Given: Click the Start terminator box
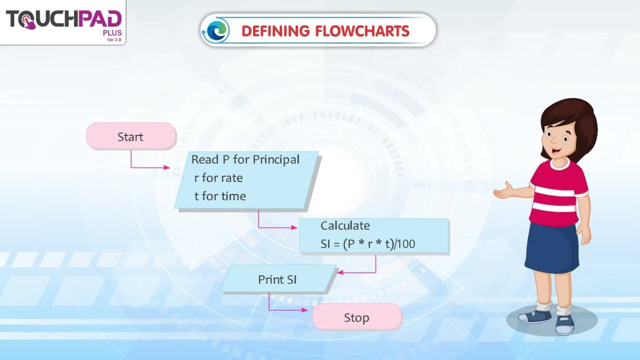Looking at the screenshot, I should [x=130, y=136].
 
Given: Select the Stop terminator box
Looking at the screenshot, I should [x=356, y=317].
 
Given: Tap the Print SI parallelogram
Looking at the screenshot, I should [x=277, y=279].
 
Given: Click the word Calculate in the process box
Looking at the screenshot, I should [x=345, y=225].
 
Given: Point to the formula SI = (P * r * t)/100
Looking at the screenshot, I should [x=367, y=244].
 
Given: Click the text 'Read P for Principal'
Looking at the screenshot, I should [x=245, y=159].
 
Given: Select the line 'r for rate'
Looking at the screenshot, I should [x=218, y=178].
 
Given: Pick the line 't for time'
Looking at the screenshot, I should [x=220, y=196].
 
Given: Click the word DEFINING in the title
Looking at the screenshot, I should [x=275, y=31].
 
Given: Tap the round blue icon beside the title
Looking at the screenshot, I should [x=216, y=31].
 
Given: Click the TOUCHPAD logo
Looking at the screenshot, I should [x=63, y=20].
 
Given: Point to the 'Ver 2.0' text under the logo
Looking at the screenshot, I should [x=114, y=40].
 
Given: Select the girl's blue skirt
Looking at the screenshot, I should [x=551, y=247].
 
